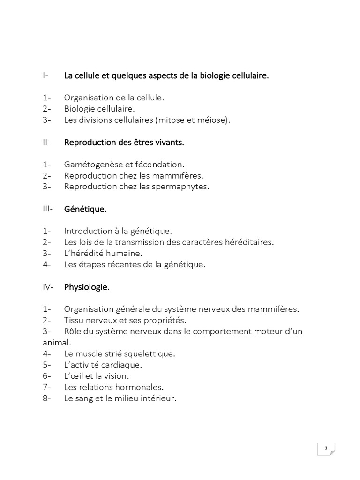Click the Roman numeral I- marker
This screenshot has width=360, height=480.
click(x=45, y=75)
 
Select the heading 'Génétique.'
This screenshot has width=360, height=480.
click(x=85, y=209)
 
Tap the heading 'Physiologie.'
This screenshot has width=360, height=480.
click(x=87, y=287)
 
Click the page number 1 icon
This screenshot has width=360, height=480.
click(x=326, y=449)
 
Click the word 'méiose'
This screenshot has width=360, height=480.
click(x=214, y=120)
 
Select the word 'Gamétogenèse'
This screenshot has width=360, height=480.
click(x=91, y=165)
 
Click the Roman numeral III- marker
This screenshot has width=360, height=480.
click(x=48, y=209)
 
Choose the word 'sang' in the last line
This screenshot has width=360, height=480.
click(x=86, y=398)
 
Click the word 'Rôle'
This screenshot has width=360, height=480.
click(x=73, y=331)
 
